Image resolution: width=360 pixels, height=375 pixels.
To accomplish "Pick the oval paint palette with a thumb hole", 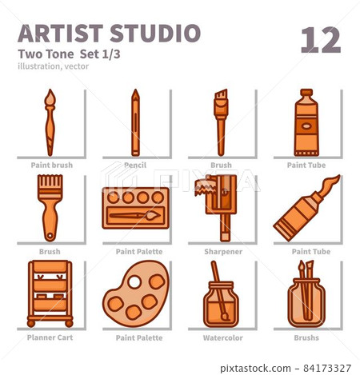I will (x=136, y=293).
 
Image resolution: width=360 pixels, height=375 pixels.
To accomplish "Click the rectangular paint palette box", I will (x=135, y=208).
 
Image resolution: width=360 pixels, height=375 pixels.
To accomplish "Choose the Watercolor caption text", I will (x=221, y=337).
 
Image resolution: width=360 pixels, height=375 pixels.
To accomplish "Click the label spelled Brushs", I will (x=306, y=337).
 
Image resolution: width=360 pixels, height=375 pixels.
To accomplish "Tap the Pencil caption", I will (x=135, y=166).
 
